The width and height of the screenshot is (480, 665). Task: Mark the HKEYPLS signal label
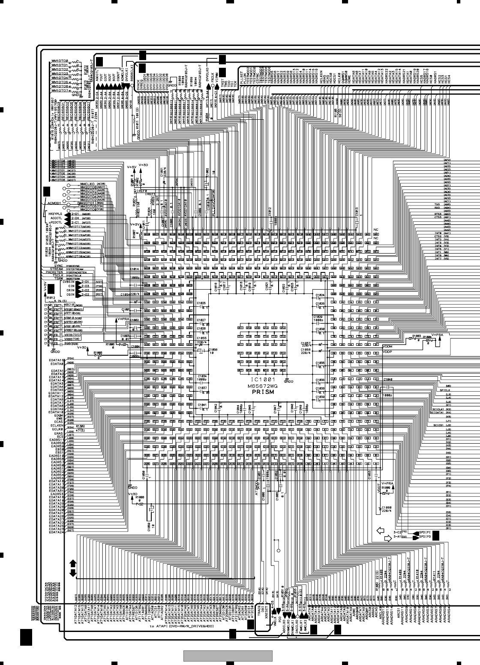point(55,214)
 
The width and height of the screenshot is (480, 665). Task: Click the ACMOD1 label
point(56,202)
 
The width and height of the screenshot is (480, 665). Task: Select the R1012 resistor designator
point(51,297)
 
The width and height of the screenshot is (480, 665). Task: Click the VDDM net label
point(387,346)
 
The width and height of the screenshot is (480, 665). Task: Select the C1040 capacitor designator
point(388,380)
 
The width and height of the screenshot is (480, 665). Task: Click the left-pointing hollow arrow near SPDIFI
point(380,531)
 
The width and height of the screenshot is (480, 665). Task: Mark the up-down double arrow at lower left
point(72,568)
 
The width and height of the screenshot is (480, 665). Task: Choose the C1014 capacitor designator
point(134,269)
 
